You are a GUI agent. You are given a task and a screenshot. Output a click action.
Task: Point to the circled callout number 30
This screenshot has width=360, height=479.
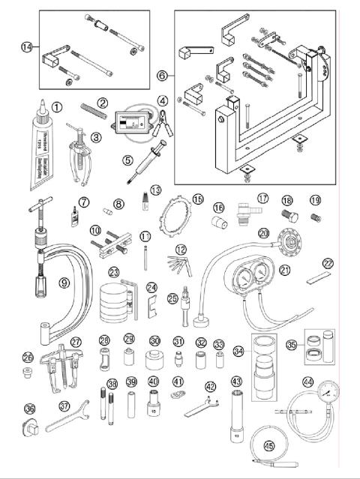pyautogui.click(x=154, y=340)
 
